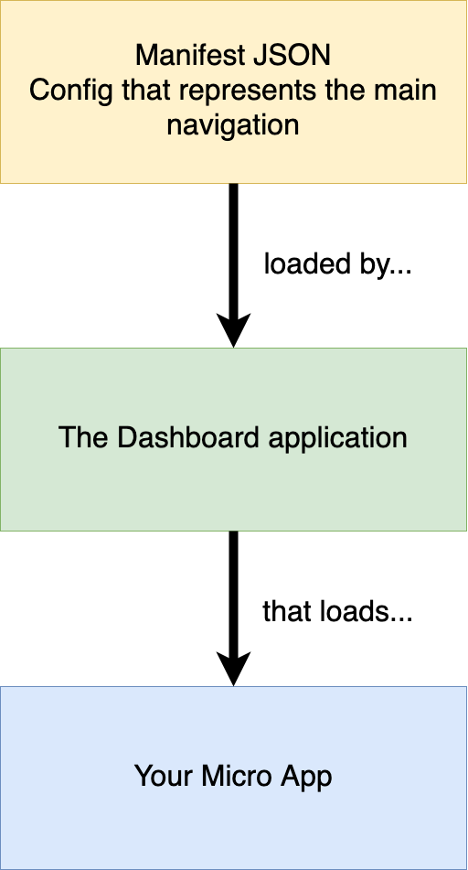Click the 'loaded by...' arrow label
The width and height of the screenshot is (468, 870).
pos(337,265)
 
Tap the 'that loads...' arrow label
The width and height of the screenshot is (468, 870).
pos(337,612)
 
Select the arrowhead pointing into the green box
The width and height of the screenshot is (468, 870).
pos(233,330)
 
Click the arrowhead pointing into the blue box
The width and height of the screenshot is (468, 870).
pos(233,669)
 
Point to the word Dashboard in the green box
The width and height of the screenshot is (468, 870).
pos(188,438)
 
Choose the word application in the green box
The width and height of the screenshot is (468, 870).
pos(337,439)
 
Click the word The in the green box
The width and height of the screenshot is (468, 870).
pos(83,438)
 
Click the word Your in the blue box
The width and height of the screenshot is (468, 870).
pos(165,776)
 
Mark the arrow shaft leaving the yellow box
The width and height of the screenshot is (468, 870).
pos(233,249)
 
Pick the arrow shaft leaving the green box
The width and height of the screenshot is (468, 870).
pos(233,592)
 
